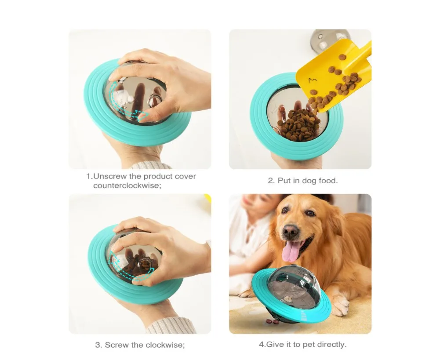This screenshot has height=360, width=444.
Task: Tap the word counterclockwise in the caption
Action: pyautogui.click(x=126, y=185)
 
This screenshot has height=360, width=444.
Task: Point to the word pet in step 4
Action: pyautogui.click(x=308, y=345)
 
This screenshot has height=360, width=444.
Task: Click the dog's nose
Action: pyautogui.click(x=290, y=231)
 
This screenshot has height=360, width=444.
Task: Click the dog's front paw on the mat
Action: pyautogui.click(x=340, y=306)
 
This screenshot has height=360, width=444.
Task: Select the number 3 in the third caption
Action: pyautogui.click(x=98, y=345)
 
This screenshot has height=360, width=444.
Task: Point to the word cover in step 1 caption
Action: pyautogui.click(x=185, y=176)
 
